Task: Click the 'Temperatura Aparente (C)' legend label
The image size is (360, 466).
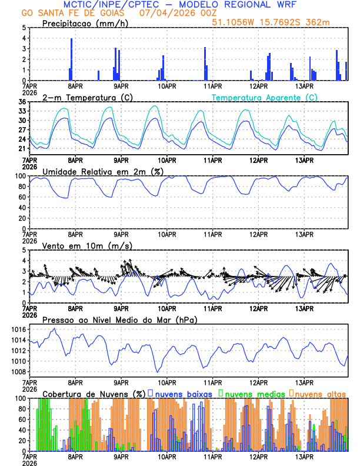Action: pyautogui.click(x=265, y=97)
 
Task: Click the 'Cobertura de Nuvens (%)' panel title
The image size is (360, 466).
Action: pyautogui.click(x=94, y=393)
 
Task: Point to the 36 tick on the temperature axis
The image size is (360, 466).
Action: pyautogui.click(x=22, y=102)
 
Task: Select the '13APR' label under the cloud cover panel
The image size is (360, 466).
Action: pyautogui.click(x=304, y=457)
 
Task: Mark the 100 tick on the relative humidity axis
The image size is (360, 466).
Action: pyautogui.click(x=20, y=176)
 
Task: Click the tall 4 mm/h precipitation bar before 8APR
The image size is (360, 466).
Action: pyautogui.click(x=71, y=59)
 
